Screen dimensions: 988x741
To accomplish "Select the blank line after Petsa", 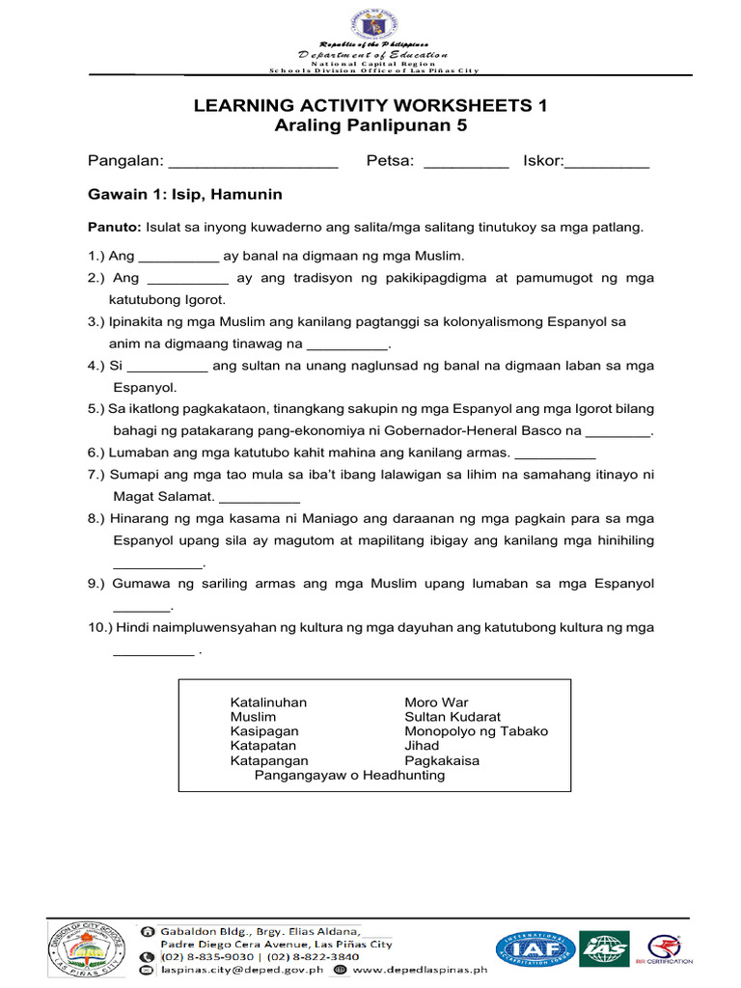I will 466,162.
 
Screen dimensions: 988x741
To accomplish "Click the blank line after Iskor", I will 607,162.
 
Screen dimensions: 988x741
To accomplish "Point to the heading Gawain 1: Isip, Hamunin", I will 185,195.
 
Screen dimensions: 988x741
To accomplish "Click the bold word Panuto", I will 114,228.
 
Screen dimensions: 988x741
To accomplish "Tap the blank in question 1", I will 178,258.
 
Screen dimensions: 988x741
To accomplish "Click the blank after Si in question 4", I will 167,368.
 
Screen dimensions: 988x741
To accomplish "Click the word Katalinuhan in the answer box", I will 268,702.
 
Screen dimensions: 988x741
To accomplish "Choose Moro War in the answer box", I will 436,702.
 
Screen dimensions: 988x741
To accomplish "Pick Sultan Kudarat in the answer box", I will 453,717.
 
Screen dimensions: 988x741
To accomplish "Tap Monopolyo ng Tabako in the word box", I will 476,731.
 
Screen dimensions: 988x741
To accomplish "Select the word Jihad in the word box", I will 422,746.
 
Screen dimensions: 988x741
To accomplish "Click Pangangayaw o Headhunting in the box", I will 349,775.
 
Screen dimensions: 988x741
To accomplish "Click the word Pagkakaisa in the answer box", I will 442,760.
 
